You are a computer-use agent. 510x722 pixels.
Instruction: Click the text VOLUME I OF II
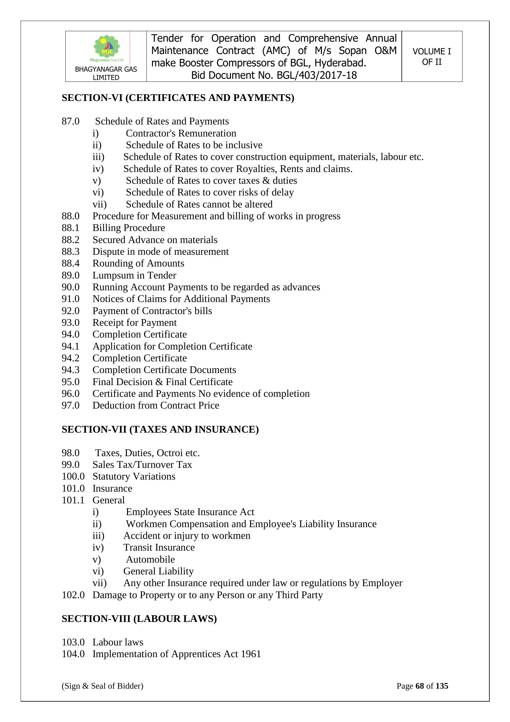click(x=431, y=57)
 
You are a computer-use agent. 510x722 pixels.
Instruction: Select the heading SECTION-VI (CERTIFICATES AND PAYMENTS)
click(x=178, y=98)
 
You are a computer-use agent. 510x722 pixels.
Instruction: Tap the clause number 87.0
click(x=70, y=121)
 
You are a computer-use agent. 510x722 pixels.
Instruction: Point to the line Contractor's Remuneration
click(x=181, y=133)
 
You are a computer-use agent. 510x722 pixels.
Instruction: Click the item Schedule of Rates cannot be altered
click(x=199, y=204)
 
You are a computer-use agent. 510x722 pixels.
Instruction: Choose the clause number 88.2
click(x=70, y=240)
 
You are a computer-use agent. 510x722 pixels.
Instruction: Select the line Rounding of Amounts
click(x=138, y=263)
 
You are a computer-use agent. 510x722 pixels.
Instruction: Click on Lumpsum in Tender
click(x=134, y=275)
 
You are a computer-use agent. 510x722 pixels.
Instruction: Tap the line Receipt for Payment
click(x=134, y=323)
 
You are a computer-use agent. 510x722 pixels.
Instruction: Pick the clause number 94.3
click(x=70, y=370)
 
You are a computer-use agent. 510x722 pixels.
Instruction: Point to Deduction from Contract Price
click(x=156, y=405)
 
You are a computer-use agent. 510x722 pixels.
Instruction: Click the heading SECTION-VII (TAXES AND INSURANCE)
click(x=160, y=430)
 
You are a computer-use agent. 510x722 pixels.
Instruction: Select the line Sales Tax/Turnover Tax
click(x=142, y=465)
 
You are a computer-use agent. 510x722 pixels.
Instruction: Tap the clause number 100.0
click(x=73, y=476)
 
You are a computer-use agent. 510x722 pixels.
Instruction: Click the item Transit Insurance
click(x=159, y=548)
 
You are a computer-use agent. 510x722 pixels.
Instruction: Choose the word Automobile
click(x=150, y=560)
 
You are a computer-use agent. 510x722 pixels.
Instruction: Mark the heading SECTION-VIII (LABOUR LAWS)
click(x=139, y=619)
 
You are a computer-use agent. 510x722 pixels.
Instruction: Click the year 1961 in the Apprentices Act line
click(x=251, y=654)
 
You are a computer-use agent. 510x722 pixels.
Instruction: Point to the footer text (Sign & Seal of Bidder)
click(x=102, y=686)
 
